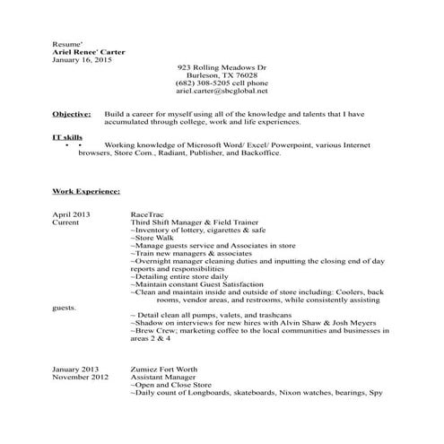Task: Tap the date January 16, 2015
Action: click(81, 60)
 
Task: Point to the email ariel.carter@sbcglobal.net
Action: click(222, 91)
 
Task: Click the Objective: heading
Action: click(73, 115)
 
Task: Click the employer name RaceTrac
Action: click(148, 215)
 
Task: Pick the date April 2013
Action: click(73, 215)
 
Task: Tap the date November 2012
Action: click(80, 378)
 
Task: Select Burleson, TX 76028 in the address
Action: click(222, 75)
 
